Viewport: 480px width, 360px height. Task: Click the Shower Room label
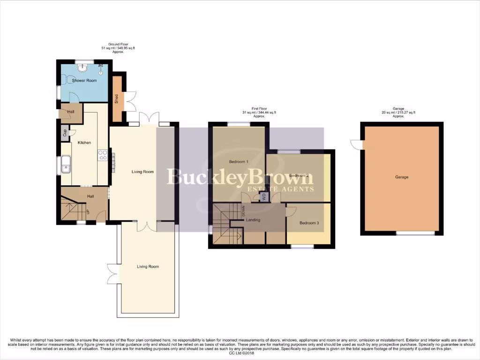click(84, 81)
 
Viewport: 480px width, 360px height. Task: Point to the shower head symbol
click(100, 70)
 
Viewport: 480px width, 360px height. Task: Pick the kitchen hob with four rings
click(103, 155)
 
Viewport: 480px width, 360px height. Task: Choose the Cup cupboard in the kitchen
click(65, 133)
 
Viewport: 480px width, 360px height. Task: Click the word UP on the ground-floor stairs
click(88, 212)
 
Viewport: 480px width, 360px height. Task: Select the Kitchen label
click(84, 142)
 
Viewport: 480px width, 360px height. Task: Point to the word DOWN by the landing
click(244, 211)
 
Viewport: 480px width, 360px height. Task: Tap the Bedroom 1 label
click(239, 162)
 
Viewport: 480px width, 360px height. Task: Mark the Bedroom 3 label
click(309, 223)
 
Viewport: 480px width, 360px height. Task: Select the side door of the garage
click(357, 144)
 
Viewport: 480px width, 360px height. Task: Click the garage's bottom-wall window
click(415, 233)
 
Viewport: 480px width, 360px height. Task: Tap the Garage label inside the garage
click(402, 177)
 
